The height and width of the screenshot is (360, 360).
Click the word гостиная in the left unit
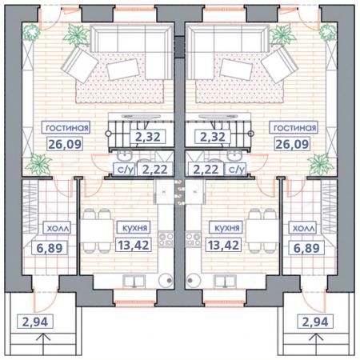67,128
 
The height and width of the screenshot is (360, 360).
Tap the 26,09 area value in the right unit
294,146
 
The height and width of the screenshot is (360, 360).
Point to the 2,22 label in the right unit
206,169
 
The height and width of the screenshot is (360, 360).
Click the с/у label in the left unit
125,169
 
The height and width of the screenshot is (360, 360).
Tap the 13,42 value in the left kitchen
133,245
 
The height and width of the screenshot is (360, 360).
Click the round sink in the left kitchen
165,280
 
